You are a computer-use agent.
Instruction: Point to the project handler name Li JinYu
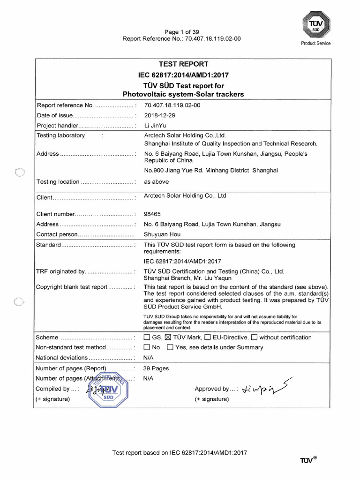[x=155, y=126]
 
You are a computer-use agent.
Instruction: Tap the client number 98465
[x=153, y=214]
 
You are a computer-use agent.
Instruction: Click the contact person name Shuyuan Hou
[x=162, y=234]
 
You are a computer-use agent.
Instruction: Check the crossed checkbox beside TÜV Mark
[x=169, y=337]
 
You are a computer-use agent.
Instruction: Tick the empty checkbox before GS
[x=147, y=337]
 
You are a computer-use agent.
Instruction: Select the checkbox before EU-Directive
[x=208, y=337]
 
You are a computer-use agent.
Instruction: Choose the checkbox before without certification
[x=255, y=337]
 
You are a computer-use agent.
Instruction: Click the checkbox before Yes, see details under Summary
[x=170, y=348]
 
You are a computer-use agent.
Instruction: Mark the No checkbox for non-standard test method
[x=147, y=348]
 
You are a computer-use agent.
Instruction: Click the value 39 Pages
[x=156, y=368]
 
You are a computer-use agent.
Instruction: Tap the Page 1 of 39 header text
[x=181, y=32]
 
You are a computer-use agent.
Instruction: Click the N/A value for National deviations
[x=149, y=358]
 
